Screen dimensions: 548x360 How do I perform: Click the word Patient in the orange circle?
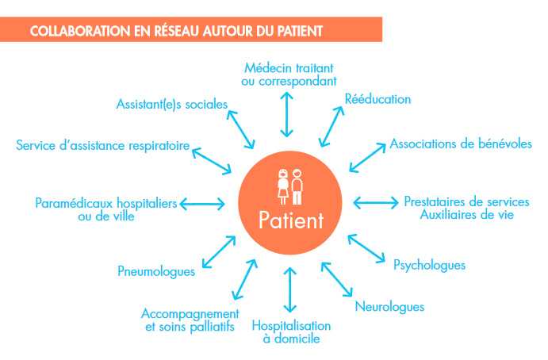(291, 220)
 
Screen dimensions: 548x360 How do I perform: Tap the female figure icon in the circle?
(283, 186)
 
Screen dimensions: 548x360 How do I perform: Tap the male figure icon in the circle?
(297, 186)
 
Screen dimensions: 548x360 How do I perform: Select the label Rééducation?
(377, 99)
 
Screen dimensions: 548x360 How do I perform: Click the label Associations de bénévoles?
(461, 144)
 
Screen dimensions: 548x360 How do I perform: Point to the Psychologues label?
(430, 265)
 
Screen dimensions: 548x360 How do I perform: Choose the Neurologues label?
(389, 307)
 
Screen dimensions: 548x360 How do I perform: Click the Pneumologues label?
(156, 271)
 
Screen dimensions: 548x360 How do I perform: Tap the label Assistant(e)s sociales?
(172, 104)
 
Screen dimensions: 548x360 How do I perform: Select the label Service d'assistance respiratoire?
(103, 145)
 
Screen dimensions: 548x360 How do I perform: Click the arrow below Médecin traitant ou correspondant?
(286, 114)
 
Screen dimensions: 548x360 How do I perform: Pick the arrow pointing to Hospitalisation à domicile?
(290, 289)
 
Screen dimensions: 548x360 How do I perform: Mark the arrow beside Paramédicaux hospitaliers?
(202, 204)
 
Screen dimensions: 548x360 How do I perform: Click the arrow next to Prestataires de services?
(376, 203)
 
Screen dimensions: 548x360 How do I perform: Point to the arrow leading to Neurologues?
(337, 280)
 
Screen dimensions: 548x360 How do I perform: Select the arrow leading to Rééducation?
(331, 127)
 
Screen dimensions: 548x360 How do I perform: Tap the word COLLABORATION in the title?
(80, 31)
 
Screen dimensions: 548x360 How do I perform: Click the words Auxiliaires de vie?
(467, 215)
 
